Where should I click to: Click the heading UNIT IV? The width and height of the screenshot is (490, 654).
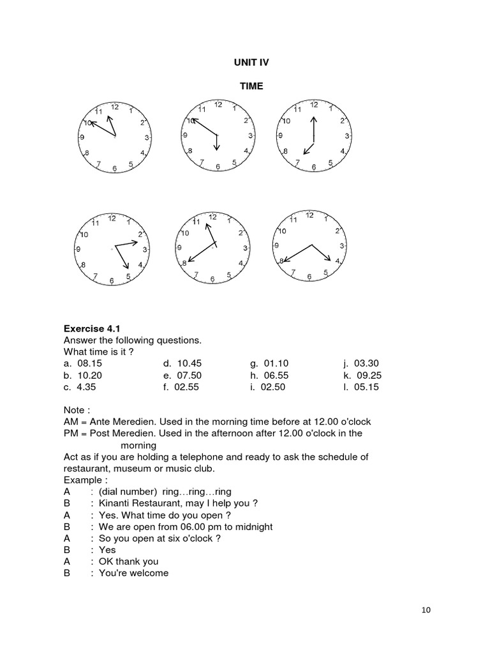(251, 63)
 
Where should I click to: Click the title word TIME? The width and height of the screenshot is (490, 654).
(251, 86)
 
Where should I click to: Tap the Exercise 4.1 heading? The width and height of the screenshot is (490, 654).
(92, 329)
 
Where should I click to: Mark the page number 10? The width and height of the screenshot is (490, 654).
(426, 610)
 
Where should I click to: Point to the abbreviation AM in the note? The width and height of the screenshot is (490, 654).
(70, 422)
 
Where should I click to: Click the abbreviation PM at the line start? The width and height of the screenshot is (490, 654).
(70, 434)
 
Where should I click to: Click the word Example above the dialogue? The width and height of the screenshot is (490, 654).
(83, 480)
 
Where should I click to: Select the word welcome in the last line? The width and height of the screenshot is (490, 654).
(148, 573)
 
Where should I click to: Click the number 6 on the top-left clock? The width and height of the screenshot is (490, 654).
(115, 168)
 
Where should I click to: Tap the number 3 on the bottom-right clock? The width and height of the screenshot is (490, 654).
(342, 246)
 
